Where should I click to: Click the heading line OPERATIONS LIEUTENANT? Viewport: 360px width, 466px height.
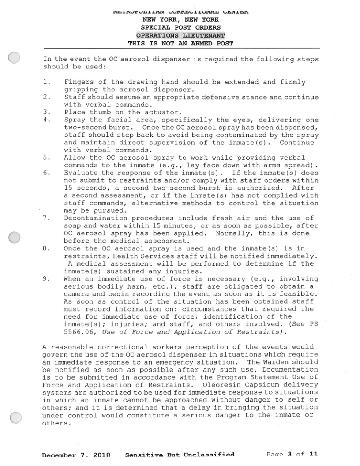tap(180, 35)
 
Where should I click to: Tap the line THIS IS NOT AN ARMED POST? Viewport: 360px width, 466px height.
tap(180, 43)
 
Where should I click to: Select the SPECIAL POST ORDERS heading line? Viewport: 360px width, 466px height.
tap(180, 27)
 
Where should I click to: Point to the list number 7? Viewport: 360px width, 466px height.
tap(46, 218)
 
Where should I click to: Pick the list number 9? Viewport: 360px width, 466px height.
tap(46, 278)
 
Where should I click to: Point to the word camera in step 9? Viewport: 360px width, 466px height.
tap(77, 294)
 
